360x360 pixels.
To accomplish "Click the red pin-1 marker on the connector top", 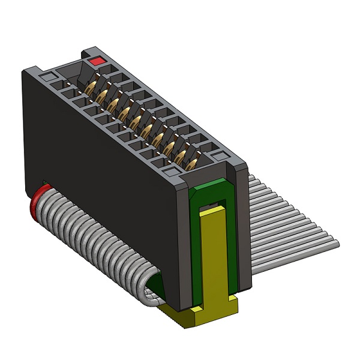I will click(x=95, y=61).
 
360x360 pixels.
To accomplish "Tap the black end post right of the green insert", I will click(x=242, y=228).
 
